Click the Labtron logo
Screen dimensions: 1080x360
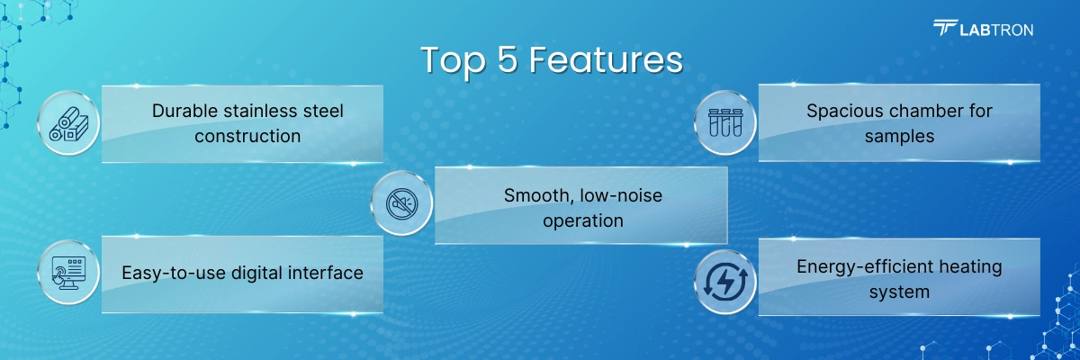(983, 29)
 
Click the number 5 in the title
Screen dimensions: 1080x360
(508, 59)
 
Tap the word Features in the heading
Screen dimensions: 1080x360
(606, 59)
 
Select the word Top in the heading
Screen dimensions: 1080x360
(454, 62)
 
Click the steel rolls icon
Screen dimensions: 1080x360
(68, 124)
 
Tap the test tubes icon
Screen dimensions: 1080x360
(725, 122)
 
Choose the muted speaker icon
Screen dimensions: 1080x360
(402, 203)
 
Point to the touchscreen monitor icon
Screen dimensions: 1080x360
(68, 273)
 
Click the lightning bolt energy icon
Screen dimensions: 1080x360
(725, 282)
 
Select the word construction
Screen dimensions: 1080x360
(247, 137)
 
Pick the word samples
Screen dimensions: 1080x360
(899, 137)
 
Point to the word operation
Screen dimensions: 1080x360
(583, 221)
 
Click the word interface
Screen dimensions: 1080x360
(326, 273)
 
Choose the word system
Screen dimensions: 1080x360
(899, 292)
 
